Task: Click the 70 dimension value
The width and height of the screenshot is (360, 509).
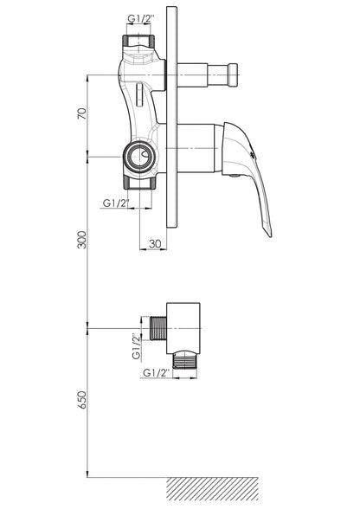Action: click(83, 113)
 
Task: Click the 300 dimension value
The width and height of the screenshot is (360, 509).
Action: click(83, 240)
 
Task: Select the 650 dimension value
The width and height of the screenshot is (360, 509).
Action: click(83, 400)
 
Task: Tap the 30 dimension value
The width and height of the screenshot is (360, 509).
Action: click(155, 243)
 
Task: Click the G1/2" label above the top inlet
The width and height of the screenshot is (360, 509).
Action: click(140, 18)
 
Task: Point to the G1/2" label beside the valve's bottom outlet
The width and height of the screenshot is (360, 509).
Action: click(116, 203)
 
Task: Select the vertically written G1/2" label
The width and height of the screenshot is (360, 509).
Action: click(137, 346)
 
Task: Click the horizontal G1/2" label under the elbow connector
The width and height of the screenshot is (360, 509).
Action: click(157, 372)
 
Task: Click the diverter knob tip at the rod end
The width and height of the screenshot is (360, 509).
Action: click(233, 75)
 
